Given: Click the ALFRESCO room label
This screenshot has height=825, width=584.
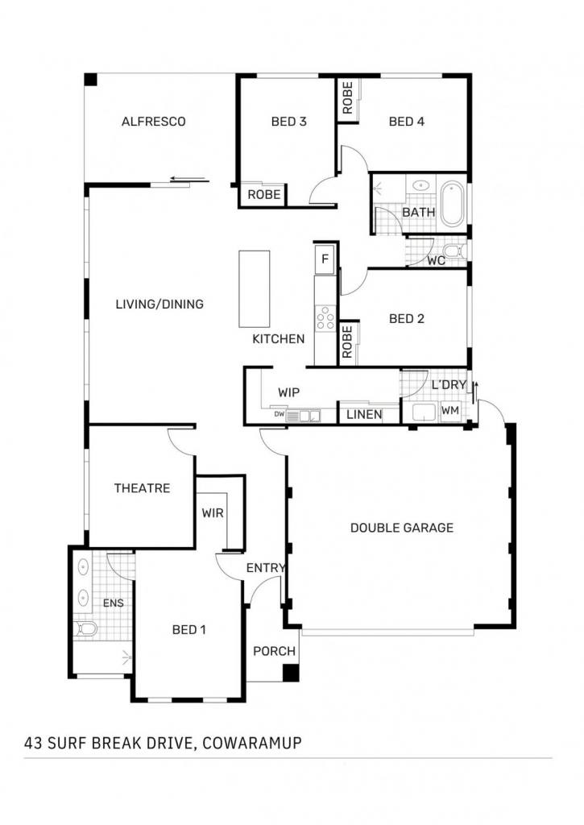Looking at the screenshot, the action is pos(153,122).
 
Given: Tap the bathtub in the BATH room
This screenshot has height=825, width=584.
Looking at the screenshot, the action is pos(452,204).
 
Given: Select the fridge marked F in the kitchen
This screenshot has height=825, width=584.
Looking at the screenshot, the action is pos(325,259).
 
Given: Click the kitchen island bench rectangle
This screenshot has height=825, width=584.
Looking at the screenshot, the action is pos(254,289).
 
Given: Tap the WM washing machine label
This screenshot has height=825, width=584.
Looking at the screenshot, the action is pos(449,410).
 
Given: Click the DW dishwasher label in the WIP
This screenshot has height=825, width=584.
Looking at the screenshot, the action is pos(279,414).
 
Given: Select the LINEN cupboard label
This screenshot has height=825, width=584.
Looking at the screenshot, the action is pos(364,415).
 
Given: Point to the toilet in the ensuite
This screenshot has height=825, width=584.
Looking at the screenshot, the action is pos(85,628).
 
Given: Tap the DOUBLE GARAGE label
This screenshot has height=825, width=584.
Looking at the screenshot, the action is pos(402,528).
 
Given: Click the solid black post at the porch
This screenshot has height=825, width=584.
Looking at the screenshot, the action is pos(291,674).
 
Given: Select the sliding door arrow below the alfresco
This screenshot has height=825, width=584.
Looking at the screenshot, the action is pos(190,180).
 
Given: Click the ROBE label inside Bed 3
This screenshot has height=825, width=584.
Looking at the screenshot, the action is pos(264,195).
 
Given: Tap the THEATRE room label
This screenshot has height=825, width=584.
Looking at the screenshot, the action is pos(142,488).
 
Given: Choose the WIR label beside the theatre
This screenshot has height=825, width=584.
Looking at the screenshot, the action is pos(213,513).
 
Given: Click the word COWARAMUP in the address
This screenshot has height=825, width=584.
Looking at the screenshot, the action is pos(252,743).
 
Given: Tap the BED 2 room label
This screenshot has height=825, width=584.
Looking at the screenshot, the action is pos(406,319).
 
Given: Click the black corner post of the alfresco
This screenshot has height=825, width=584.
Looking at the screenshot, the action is pos(91,80).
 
